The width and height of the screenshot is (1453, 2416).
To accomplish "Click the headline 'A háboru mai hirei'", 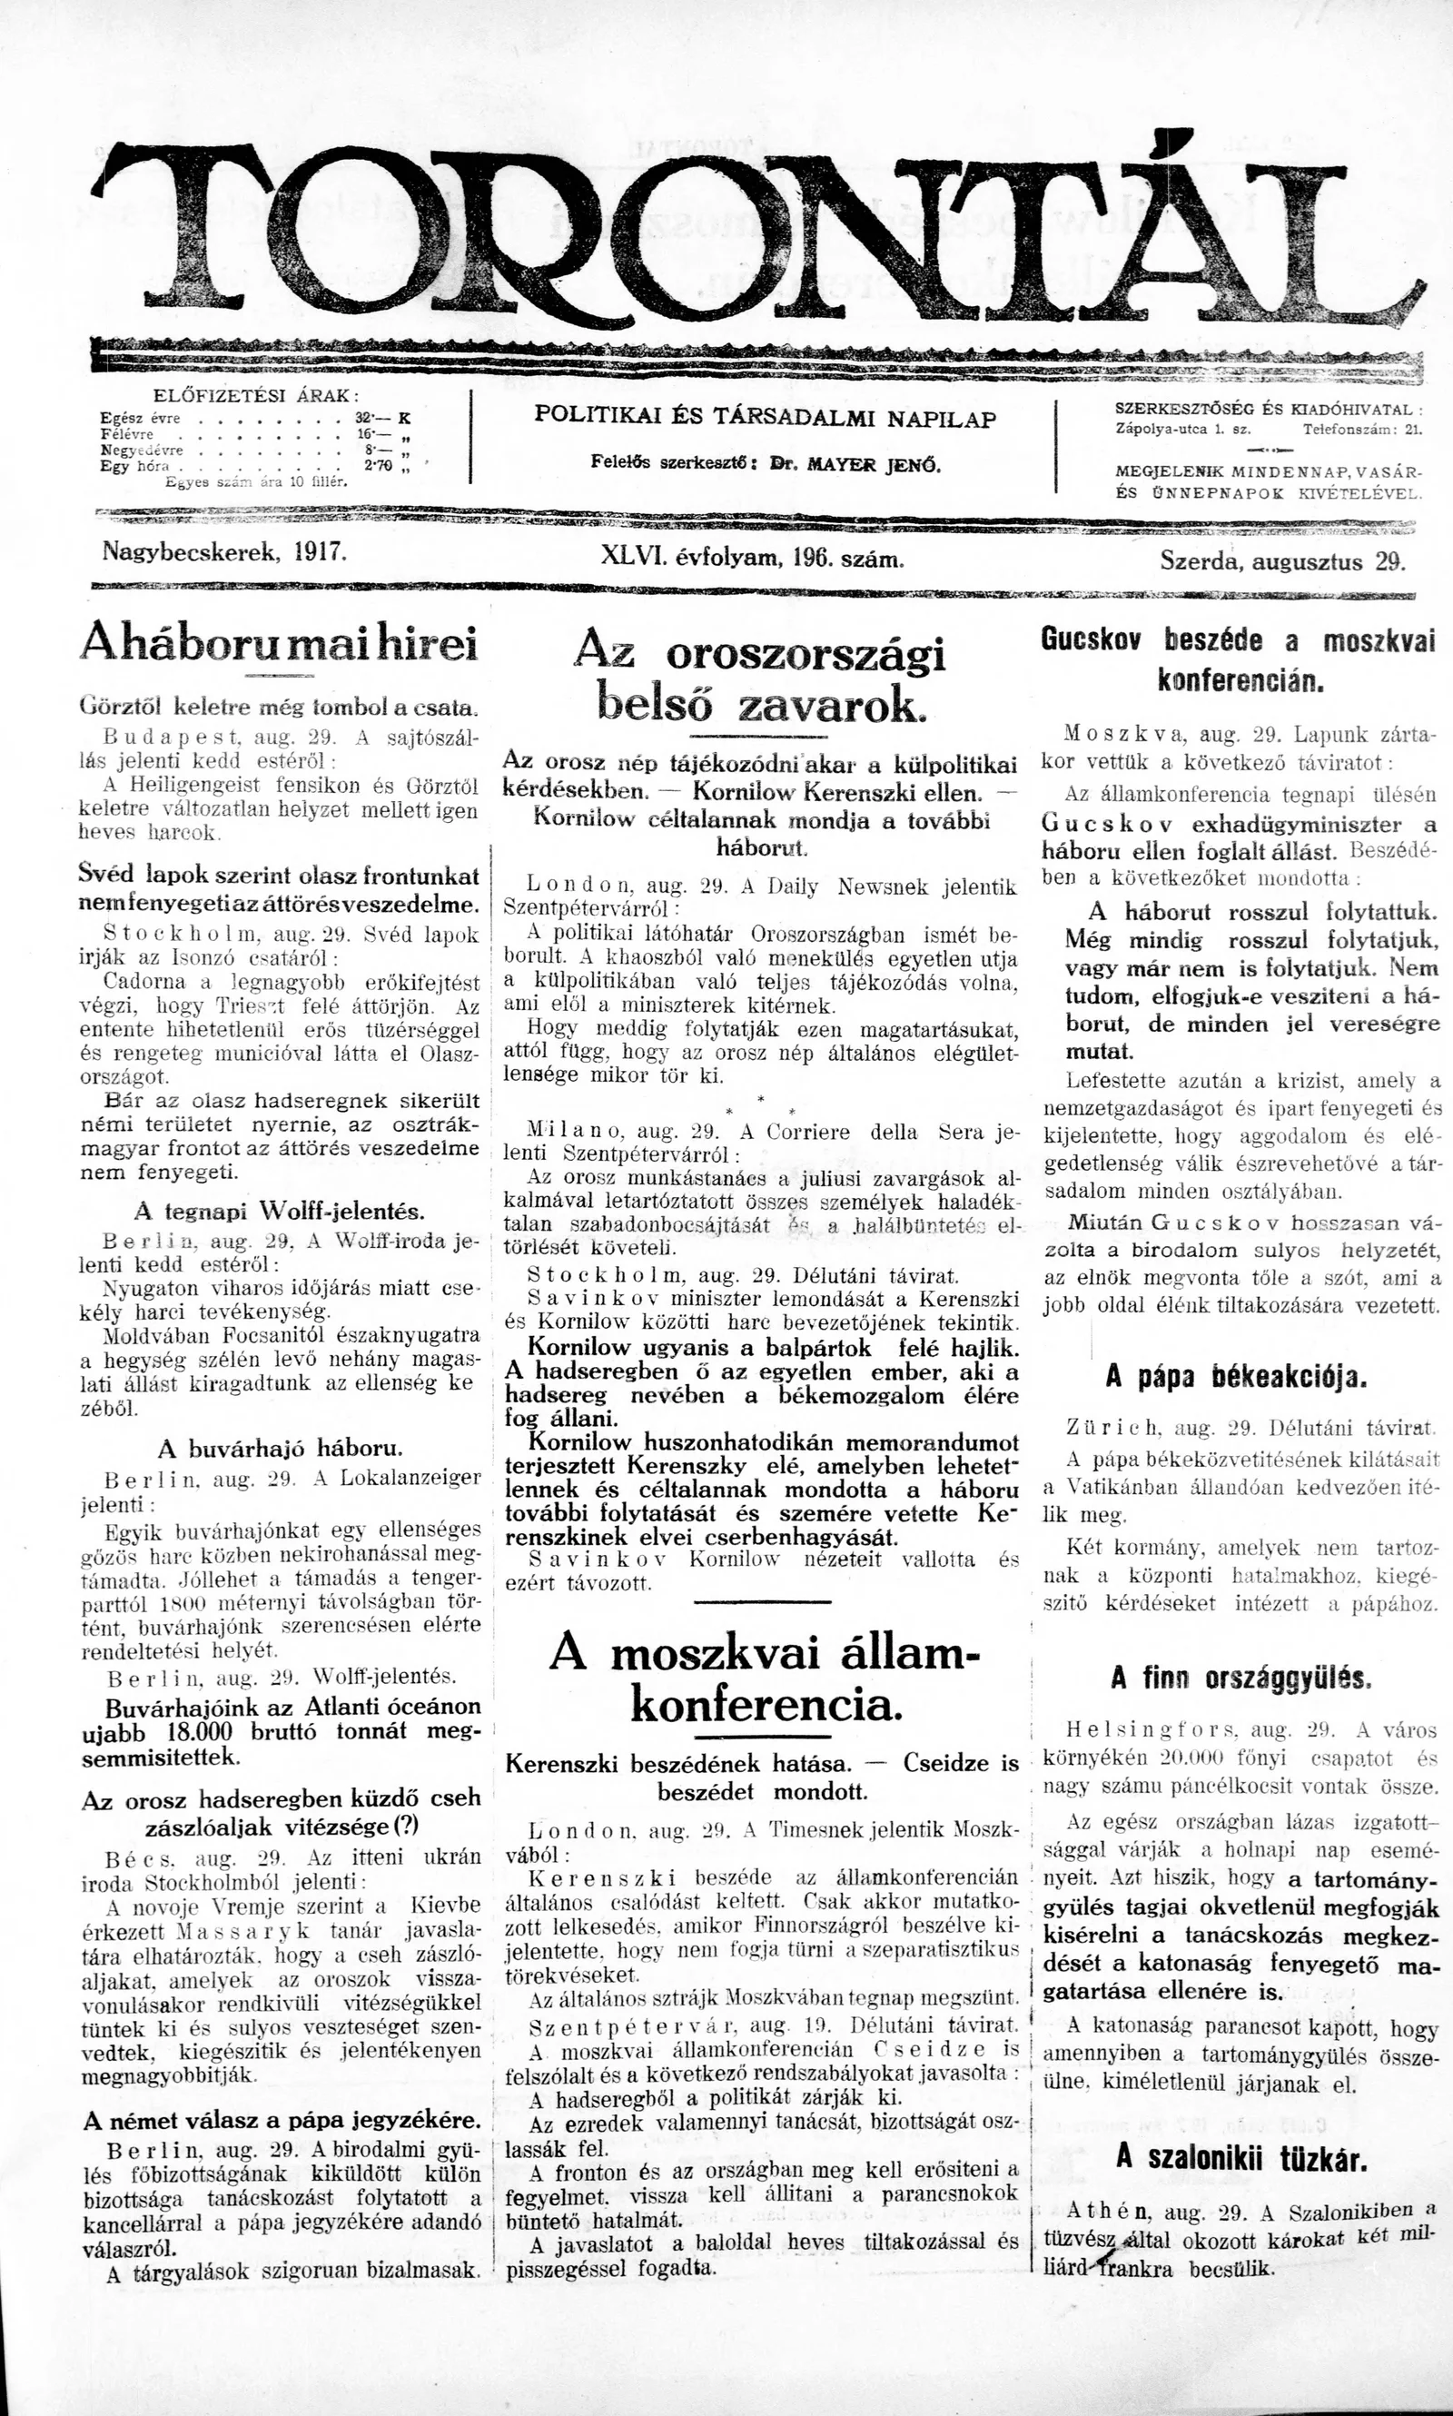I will [278, 643].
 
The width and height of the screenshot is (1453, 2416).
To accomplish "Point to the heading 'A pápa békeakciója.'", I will [1237, 1377].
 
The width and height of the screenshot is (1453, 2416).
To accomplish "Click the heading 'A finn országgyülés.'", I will [1241, 1678].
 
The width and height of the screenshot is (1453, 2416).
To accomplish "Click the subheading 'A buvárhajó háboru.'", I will [280, 1448].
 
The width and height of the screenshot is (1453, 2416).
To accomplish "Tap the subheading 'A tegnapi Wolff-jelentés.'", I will [279, 1212].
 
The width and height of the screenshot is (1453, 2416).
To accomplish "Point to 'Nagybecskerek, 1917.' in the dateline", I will [225, 551].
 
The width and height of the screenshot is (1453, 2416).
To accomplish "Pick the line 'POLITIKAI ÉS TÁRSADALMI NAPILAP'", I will [765, 418].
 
